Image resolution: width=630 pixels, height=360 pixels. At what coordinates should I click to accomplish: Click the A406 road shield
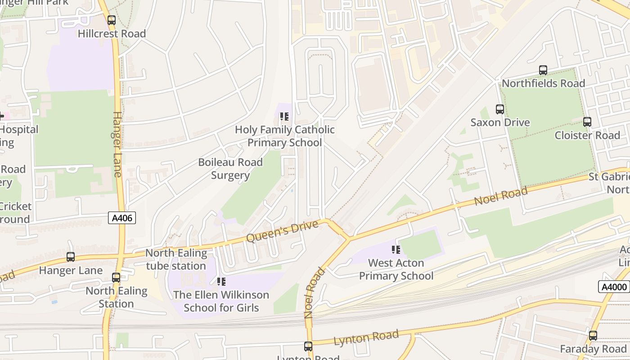click(x=122, y=218)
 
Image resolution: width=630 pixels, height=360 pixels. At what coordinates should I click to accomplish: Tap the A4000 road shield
click(x=613, y=287)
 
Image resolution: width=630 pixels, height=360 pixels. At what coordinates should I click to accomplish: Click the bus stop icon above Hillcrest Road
click(x=112, y=20)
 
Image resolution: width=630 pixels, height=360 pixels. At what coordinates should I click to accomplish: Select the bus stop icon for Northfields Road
click(x=543, y=70)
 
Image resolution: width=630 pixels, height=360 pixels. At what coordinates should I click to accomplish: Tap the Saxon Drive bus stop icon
click(x=500, y=109)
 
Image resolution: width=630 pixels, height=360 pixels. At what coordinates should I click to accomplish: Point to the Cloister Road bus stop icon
click(x=587, y=122)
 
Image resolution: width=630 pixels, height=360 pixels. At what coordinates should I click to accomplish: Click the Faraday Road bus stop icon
click(x=593, y=336)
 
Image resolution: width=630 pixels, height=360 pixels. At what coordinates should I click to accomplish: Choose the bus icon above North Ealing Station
click(x=116, y=278)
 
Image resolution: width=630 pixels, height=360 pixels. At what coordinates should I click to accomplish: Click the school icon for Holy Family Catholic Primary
click(x=284, y=117)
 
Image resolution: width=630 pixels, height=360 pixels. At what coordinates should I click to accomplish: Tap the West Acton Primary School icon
click(x=396, y=250)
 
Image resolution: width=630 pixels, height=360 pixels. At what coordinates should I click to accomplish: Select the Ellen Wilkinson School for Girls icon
click(x=221, y=282)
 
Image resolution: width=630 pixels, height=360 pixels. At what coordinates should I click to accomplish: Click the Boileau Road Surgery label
click(x=230, y=169)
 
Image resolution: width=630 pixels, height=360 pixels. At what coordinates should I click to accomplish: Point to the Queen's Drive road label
click(x=282, y=231)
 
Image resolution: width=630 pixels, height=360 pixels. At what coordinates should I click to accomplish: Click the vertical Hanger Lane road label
click(x=117, y=144)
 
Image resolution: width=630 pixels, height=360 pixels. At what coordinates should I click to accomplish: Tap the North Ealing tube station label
click(x=176, y=259)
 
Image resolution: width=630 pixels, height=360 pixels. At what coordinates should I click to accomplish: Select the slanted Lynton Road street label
click(x=366, y=337)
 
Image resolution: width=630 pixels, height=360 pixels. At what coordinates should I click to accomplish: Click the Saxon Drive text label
click(x=500, y=122)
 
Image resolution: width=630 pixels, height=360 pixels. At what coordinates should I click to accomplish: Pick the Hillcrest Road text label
click(x=112, y=34)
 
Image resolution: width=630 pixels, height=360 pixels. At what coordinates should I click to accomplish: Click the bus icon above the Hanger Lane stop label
click(x=71, y=257)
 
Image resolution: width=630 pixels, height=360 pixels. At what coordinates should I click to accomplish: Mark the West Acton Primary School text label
click(x=396, y=269)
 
